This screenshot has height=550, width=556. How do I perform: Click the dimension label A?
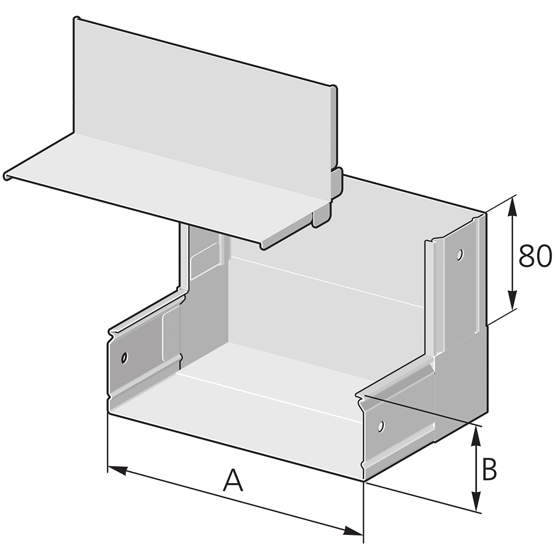pyautogui.click(x=233, y=480)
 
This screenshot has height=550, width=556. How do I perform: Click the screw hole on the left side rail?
pyautogui.click(x=125, y=358)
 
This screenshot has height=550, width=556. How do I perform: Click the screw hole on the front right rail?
pyautogui.click(x=382, y=426)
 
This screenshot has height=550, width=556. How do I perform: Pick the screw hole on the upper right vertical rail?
pyautogui.click(x=459, y=254)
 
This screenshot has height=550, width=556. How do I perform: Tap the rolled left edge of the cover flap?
pyautogui.click(x=7, y=175)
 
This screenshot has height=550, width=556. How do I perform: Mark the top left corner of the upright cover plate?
pyautogui.click(x=76, y=20)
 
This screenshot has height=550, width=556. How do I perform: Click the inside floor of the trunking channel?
pyautogui.click(x=272, y=383)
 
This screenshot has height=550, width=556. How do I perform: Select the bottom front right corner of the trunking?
pyautogui.click(x=363, y=481)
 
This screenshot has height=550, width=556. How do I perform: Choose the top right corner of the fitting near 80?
pyautogui.click(x=485, y=213)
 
